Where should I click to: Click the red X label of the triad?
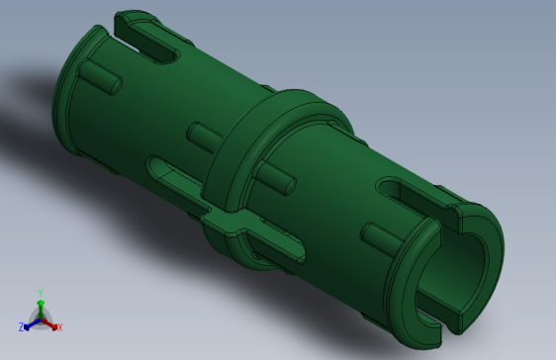pyautogui.click(x=59, y=326)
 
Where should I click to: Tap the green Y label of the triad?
pyautogui.click(x=41, y=293)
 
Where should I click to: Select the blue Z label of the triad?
pyautogui.click(x=22, y=326)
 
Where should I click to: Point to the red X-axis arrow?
pyautogui.click(x=50, y=322)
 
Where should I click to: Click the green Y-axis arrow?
pyautogui.click(x=41, y=305)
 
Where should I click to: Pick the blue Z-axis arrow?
pyautogui.click(x=31, y=322)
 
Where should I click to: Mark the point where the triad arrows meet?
pyautogui.click(x=41, y=316)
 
